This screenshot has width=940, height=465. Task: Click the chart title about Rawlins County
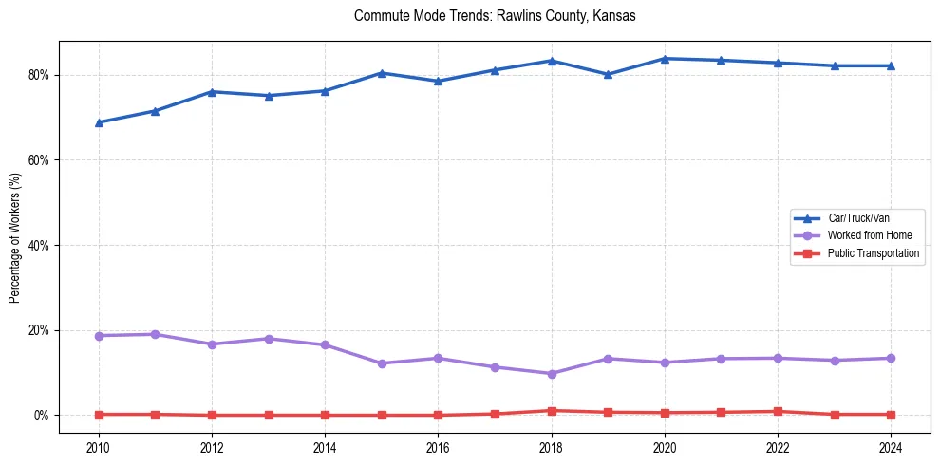tap(494, 16)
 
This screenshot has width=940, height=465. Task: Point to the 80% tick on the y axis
tap(40, 75)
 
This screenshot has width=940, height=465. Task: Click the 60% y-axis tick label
tap(40, 160)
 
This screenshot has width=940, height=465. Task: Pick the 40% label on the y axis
tap(40, 246)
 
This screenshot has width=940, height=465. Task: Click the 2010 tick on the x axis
tap(99, 447)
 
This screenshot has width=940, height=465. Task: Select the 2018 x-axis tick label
tap(552, 447)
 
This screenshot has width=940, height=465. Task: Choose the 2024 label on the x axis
tap(892, 447)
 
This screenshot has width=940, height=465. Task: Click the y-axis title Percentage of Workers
tap(15, 237)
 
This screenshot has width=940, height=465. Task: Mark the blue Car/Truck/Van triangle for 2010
tap(99, 122)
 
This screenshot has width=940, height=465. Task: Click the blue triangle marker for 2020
tap(665, 59)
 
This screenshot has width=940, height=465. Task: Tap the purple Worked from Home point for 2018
tap(552, 374)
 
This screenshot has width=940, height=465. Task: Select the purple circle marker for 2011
tap(155, 334)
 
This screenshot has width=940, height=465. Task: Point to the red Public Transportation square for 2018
tap(552, 411)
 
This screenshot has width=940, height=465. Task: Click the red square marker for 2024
tap(892, 415)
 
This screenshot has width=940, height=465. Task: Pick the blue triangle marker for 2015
tap(382, 73)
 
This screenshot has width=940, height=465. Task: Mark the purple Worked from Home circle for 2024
tap(892, 358)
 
